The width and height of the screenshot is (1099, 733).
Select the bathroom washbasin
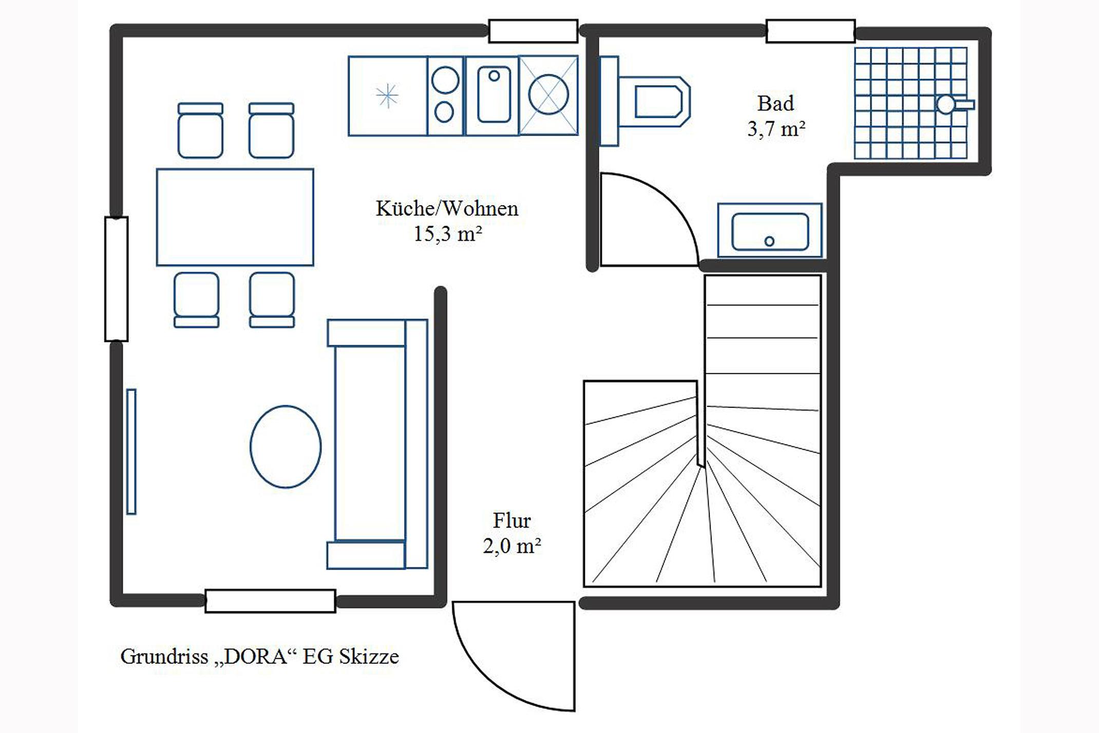pos(770,230)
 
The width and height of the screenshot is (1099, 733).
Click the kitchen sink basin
pos(494,96)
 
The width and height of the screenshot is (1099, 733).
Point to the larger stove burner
pos(445,80)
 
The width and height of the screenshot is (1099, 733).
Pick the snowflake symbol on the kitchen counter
pos(387,96)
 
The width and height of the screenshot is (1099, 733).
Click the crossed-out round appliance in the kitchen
pos(548,95)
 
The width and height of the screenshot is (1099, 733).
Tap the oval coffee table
pos(286,446)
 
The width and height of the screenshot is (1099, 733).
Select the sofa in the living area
pos(377,444)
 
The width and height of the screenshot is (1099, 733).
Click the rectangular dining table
pos(235,217)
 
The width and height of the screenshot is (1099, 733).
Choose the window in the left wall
pos(117,279)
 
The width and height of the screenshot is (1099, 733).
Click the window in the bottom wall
pos(270,601)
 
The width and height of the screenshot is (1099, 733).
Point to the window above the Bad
pos(810,31)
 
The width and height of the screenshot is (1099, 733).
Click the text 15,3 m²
pos(448,234)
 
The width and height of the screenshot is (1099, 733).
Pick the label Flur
pos(511,520)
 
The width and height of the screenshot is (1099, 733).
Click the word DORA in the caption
pos(255,656)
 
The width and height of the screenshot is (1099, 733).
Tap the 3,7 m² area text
pos(776,128)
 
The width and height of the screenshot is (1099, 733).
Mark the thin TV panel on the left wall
pos(131,452)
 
